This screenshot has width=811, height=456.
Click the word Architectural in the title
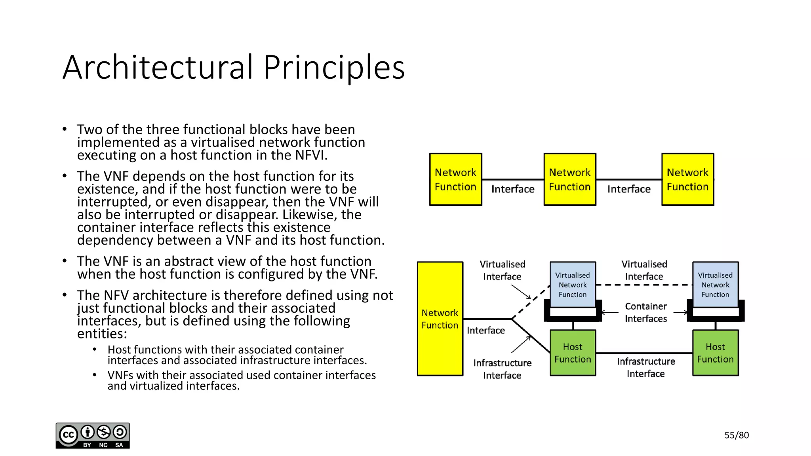158,67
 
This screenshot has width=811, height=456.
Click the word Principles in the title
334,67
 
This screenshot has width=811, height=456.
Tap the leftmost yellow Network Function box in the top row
455,179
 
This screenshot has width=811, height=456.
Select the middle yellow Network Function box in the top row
569,179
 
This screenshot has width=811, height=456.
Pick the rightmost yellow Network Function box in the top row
687,179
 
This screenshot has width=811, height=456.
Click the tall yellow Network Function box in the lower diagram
440,319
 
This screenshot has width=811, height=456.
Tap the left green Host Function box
573,353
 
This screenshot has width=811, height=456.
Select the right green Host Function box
715,353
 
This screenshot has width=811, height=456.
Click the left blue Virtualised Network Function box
573,285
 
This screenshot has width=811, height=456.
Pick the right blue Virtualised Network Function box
715,285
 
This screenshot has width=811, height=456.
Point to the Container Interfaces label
645,312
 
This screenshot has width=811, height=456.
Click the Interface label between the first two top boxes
513,189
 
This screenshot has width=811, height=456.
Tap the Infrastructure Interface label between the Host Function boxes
645,367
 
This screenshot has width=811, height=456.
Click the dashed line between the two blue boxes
644,285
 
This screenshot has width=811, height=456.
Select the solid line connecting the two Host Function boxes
644,353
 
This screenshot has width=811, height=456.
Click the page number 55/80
736,435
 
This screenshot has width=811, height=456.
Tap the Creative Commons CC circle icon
69,435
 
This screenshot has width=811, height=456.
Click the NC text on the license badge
103,445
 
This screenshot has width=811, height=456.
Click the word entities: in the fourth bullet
102,334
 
